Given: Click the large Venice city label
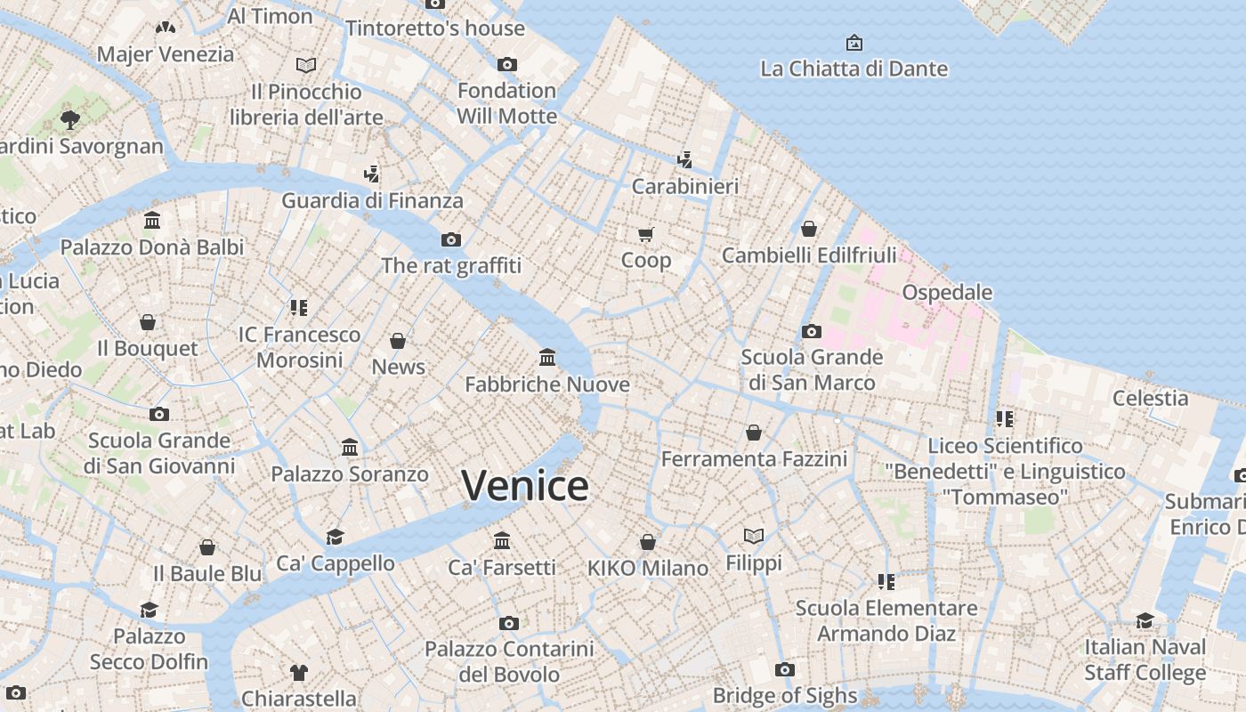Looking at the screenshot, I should point(525,486).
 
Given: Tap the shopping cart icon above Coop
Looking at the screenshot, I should point(646,234).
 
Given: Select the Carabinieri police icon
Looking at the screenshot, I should point(684,160).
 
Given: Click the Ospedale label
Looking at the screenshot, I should point(947,292).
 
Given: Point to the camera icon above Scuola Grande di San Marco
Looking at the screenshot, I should point(812,331).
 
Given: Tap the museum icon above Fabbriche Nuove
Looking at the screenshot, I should point(547,358).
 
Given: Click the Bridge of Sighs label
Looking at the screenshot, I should point(785,695).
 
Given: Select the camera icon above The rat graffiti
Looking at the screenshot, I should point(451,239).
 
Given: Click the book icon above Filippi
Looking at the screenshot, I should point(754,536).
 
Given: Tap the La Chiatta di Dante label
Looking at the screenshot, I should point(854,69).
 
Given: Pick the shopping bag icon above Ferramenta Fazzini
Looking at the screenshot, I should point(754,433).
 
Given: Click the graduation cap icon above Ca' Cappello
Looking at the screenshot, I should point(335,537).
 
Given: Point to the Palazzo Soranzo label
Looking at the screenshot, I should point(350,474).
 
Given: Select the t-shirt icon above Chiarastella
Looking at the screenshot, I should point(299,672).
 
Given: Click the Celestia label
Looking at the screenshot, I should point(1150,398).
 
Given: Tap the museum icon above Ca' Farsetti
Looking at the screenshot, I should point(502,541).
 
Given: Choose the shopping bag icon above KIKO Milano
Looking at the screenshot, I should point(648,542).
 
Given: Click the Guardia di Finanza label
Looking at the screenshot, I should point(372,200).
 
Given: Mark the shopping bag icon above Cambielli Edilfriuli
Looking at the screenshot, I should point(809,229).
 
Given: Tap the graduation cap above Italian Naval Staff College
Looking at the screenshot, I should point(1145,619).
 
